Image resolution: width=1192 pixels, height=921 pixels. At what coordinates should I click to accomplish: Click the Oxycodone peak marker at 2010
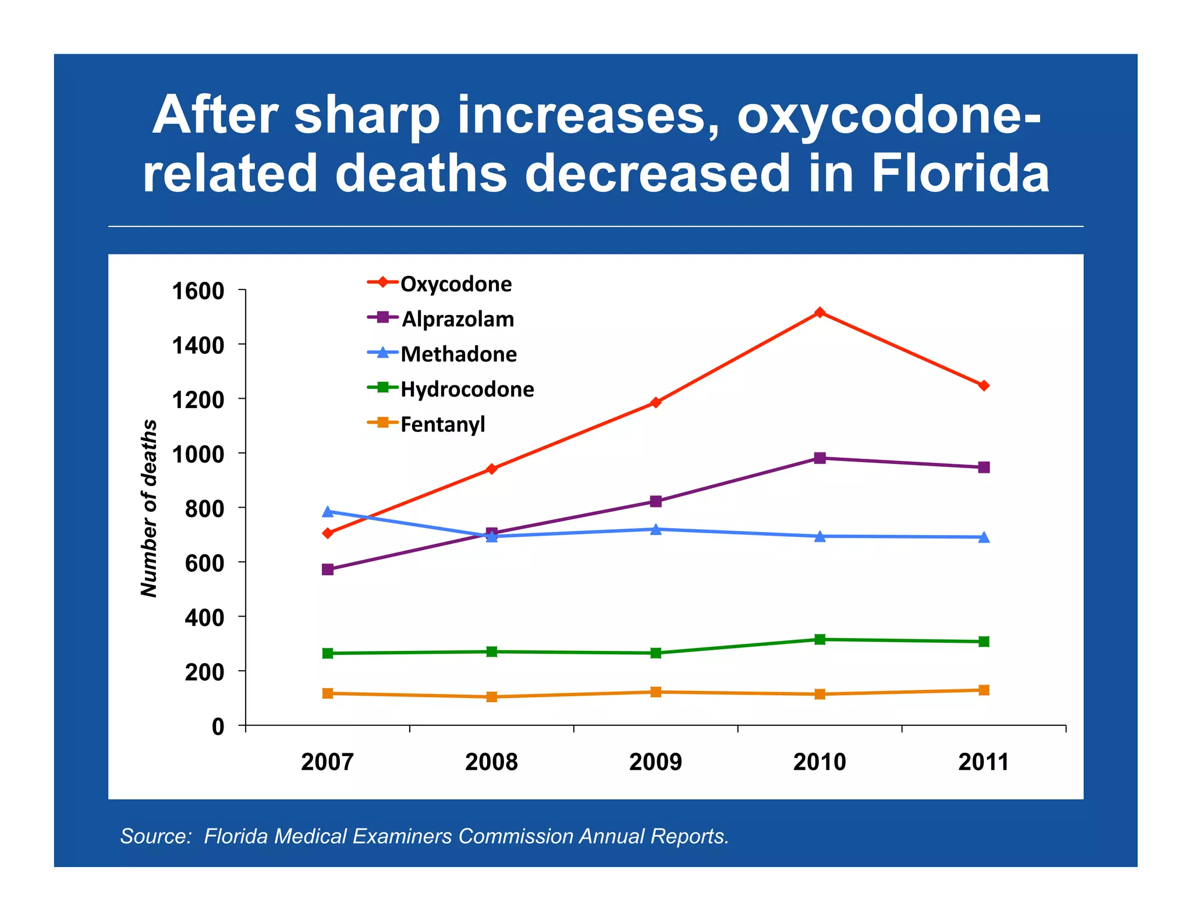click(819, 313)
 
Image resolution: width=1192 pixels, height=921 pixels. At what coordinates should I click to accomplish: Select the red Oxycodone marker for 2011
click(984, 385)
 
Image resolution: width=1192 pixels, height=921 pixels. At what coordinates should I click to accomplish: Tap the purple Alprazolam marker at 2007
click(328, 569)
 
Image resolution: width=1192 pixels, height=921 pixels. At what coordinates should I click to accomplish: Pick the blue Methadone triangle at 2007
click(328, 512)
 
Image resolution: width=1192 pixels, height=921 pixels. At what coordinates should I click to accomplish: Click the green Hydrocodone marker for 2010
click(819, 639)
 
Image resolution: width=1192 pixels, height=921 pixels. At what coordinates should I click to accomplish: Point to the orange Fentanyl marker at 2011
click(984, 690)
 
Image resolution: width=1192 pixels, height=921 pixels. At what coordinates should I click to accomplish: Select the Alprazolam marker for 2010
click(819, 458)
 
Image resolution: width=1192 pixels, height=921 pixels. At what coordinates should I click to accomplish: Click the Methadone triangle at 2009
click(655, 529)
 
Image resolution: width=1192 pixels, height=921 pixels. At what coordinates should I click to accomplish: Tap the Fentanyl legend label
click(442, 424)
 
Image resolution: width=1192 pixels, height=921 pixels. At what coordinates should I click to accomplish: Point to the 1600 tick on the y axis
click(198, 291)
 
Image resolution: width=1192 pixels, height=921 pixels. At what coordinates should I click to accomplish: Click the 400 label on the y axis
click(204, 617)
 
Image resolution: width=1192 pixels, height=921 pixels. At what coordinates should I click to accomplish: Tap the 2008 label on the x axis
click(491, 762)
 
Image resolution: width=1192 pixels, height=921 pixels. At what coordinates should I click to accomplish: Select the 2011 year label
click(983, 762)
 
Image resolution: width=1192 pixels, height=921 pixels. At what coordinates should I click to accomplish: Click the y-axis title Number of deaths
click(150, 508)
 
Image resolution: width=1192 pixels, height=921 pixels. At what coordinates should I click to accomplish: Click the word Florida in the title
click(960, 173)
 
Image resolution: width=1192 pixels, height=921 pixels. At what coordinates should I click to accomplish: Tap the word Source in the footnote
click(154, 836)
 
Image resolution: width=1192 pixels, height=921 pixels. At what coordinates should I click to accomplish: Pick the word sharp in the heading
click(367, 115)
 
